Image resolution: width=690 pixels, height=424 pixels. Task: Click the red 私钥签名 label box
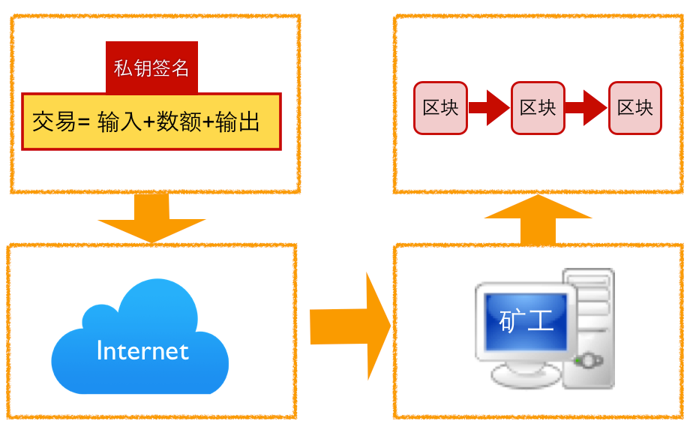click(151, 68)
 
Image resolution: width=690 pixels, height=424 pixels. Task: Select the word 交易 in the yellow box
click(54, 122)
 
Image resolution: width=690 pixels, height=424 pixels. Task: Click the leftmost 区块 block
click(440, 108)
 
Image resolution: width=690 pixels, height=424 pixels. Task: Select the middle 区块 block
click(538, 108)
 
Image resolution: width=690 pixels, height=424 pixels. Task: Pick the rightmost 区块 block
click(634, 108)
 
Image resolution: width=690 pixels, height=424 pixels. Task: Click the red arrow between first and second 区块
click(489, 108)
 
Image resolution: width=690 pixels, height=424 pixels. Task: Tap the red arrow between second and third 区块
click(586, 108)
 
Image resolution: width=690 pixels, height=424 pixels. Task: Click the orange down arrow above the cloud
click(151, 219)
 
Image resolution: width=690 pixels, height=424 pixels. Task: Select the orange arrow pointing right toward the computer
click(349, 326)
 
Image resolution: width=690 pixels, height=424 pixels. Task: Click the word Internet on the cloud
click(142, 350)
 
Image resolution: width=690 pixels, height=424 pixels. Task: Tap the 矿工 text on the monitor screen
click(526, 321)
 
